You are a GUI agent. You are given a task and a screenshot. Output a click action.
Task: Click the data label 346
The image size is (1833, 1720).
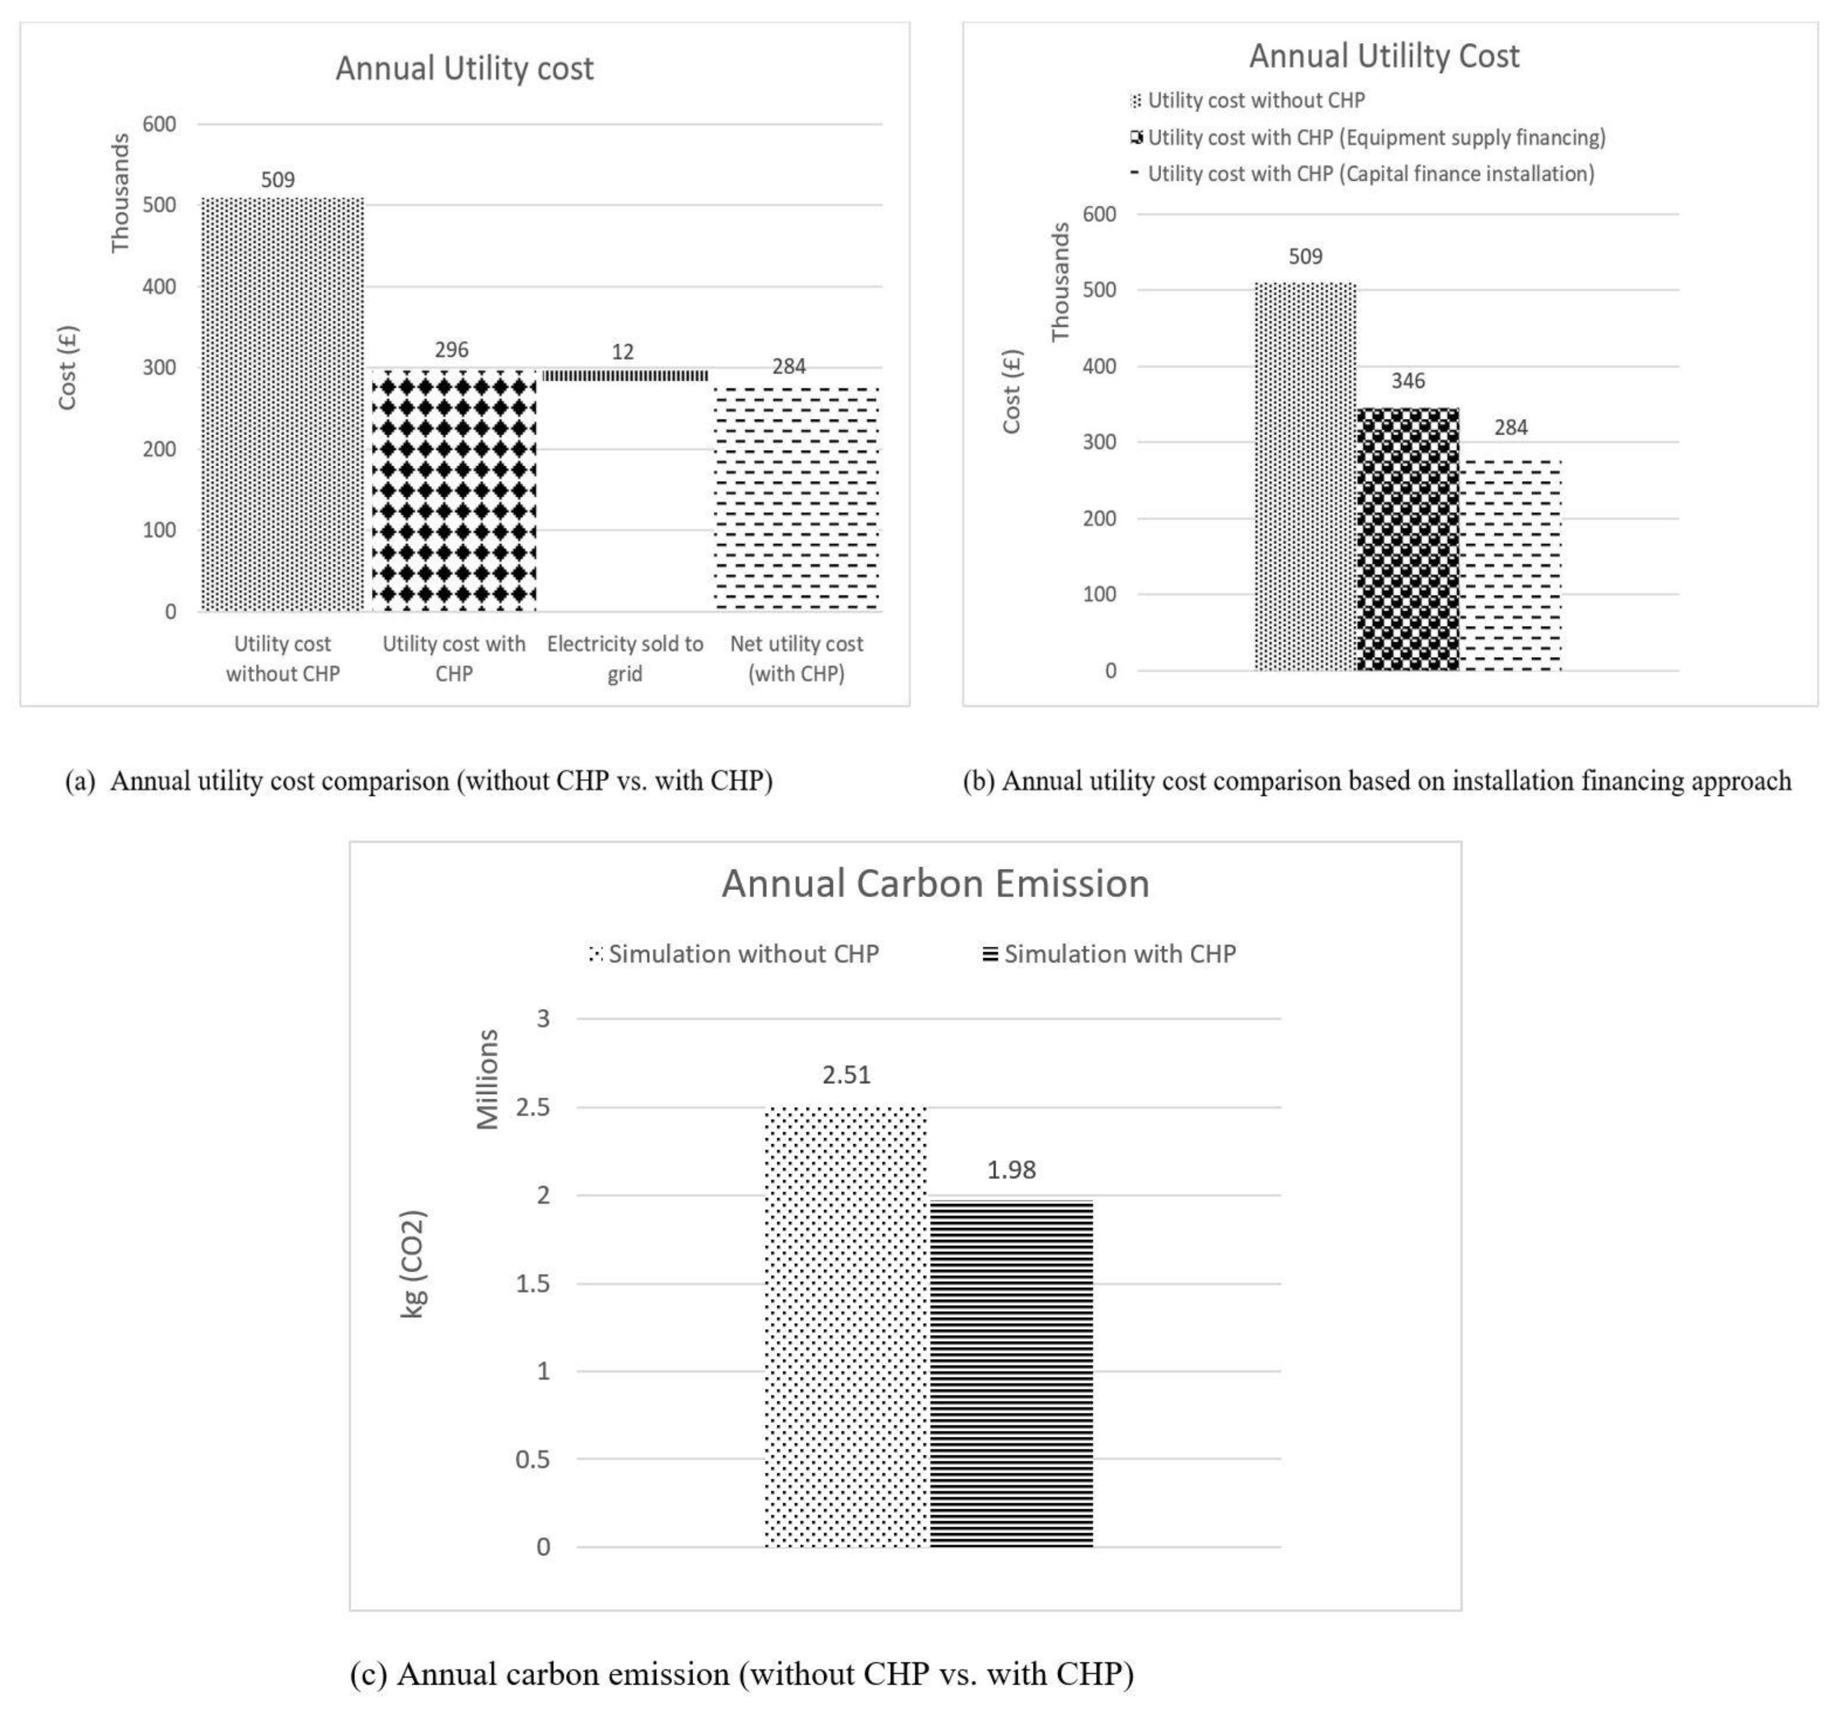point(1408,381)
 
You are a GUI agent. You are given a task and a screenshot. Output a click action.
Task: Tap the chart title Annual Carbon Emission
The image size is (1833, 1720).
point(935,883)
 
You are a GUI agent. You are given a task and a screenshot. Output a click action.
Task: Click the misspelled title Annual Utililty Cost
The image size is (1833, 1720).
point(1383,56)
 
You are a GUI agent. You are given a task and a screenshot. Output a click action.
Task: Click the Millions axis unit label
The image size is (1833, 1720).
point(487,1079)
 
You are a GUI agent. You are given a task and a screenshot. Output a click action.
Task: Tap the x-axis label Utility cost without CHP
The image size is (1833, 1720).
point(282,658)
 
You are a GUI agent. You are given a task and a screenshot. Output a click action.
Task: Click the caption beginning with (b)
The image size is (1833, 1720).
point(1377,781)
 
